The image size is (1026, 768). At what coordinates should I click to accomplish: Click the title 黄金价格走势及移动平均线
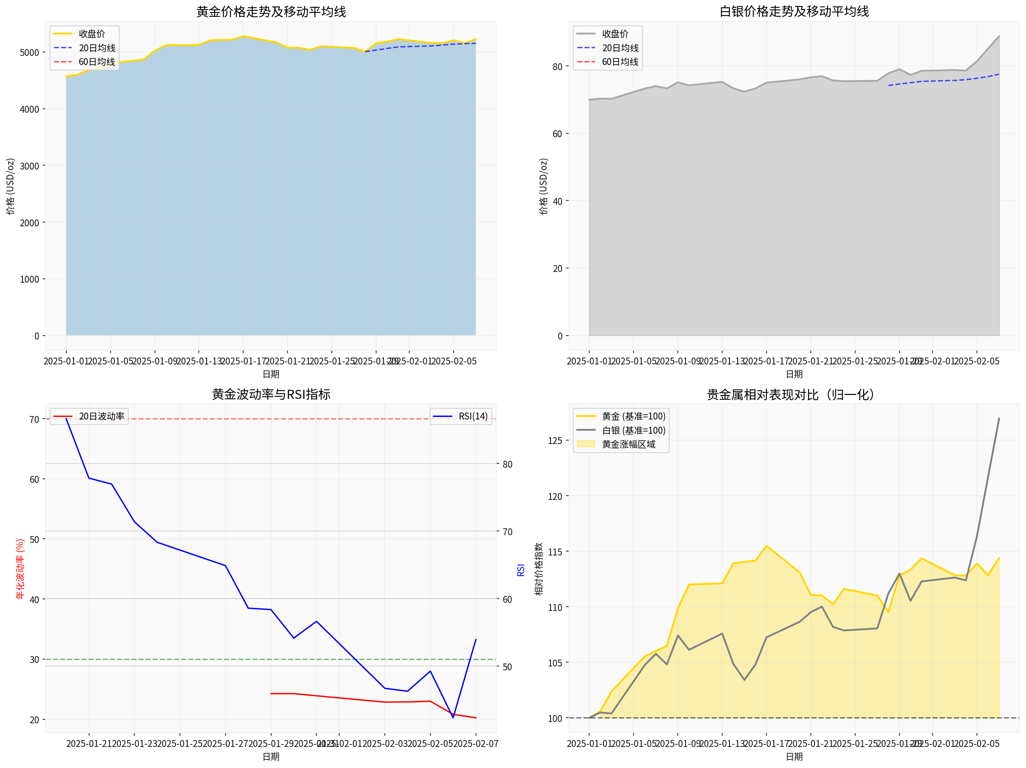[x=271, y=12]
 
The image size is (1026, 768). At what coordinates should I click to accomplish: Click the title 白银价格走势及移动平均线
[x=794, y=12]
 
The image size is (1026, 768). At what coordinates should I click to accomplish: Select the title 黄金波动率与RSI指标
[x=271, y=394]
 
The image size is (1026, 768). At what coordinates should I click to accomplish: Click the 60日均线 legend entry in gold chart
[x=96, y=62]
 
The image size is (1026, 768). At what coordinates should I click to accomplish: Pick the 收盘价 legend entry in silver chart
[x=615, y=34]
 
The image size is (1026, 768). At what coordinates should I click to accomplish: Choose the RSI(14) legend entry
[x=473, y=416]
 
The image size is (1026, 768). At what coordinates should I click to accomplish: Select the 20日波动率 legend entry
[x=101, y=416]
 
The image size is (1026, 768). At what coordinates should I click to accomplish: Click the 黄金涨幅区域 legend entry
[x=628, y=444]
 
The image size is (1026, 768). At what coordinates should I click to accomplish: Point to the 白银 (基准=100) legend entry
[x=633, y=430]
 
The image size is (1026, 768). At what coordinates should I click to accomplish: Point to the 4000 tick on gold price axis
[x=29, y=109]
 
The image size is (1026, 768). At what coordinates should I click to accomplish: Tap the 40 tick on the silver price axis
[x=557, y=201]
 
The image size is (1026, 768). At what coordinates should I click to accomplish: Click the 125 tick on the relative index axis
[x=555, y=441]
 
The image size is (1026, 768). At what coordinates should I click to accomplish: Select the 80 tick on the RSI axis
[x=507, y=464]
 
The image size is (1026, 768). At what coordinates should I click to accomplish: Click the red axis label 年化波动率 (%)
[x=20, y=569]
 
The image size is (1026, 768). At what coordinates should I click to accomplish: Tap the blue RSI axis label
[x=520, y=570]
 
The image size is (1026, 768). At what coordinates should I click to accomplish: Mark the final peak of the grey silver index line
[x=998, y=418]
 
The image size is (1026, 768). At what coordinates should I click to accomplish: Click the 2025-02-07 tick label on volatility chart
[x=476, y=743]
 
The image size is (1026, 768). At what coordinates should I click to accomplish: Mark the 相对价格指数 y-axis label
[x=538, y=569]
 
